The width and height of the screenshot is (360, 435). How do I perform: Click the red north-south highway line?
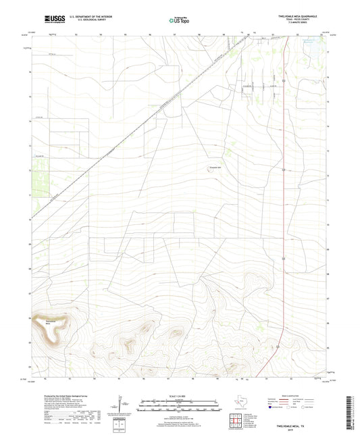pos(284,203)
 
